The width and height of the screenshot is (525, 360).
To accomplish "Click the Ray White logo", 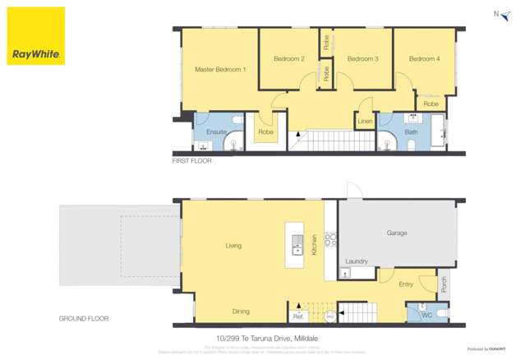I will pos(36,36).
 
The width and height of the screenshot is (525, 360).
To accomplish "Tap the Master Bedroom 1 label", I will pos(220,70).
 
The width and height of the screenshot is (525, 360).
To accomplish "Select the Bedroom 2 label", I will pos(289,59).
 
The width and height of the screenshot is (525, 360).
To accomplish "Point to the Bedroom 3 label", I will pos(362,59).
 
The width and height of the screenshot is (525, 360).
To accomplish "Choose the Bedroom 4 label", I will pos(425,59).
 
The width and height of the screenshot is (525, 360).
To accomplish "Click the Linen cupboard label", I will pos(366,122).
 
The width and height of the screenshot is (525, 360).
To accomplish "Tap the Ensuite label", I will pos(217,132).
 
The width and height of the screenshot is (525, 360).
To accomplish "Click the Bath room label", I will pos(411,132).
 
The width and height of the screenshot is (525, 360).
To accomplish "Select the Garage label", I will pos(397,233).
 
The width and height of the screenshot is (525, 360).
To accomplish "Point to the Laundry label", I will pos(357,261).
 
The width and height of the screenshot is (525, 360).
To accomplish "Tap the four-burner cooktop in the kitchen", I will pos(330,240).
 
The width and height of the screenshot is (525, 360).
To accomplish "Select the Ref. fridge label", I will pos(297,316).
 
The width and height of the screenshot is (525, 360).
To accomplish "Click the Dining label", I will pos(240,312).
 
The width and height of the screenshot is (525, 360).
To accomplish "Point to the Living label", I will pos(233,246).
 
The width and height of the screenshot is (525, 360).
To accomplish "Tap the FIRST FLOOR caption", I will pos(191,161).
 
